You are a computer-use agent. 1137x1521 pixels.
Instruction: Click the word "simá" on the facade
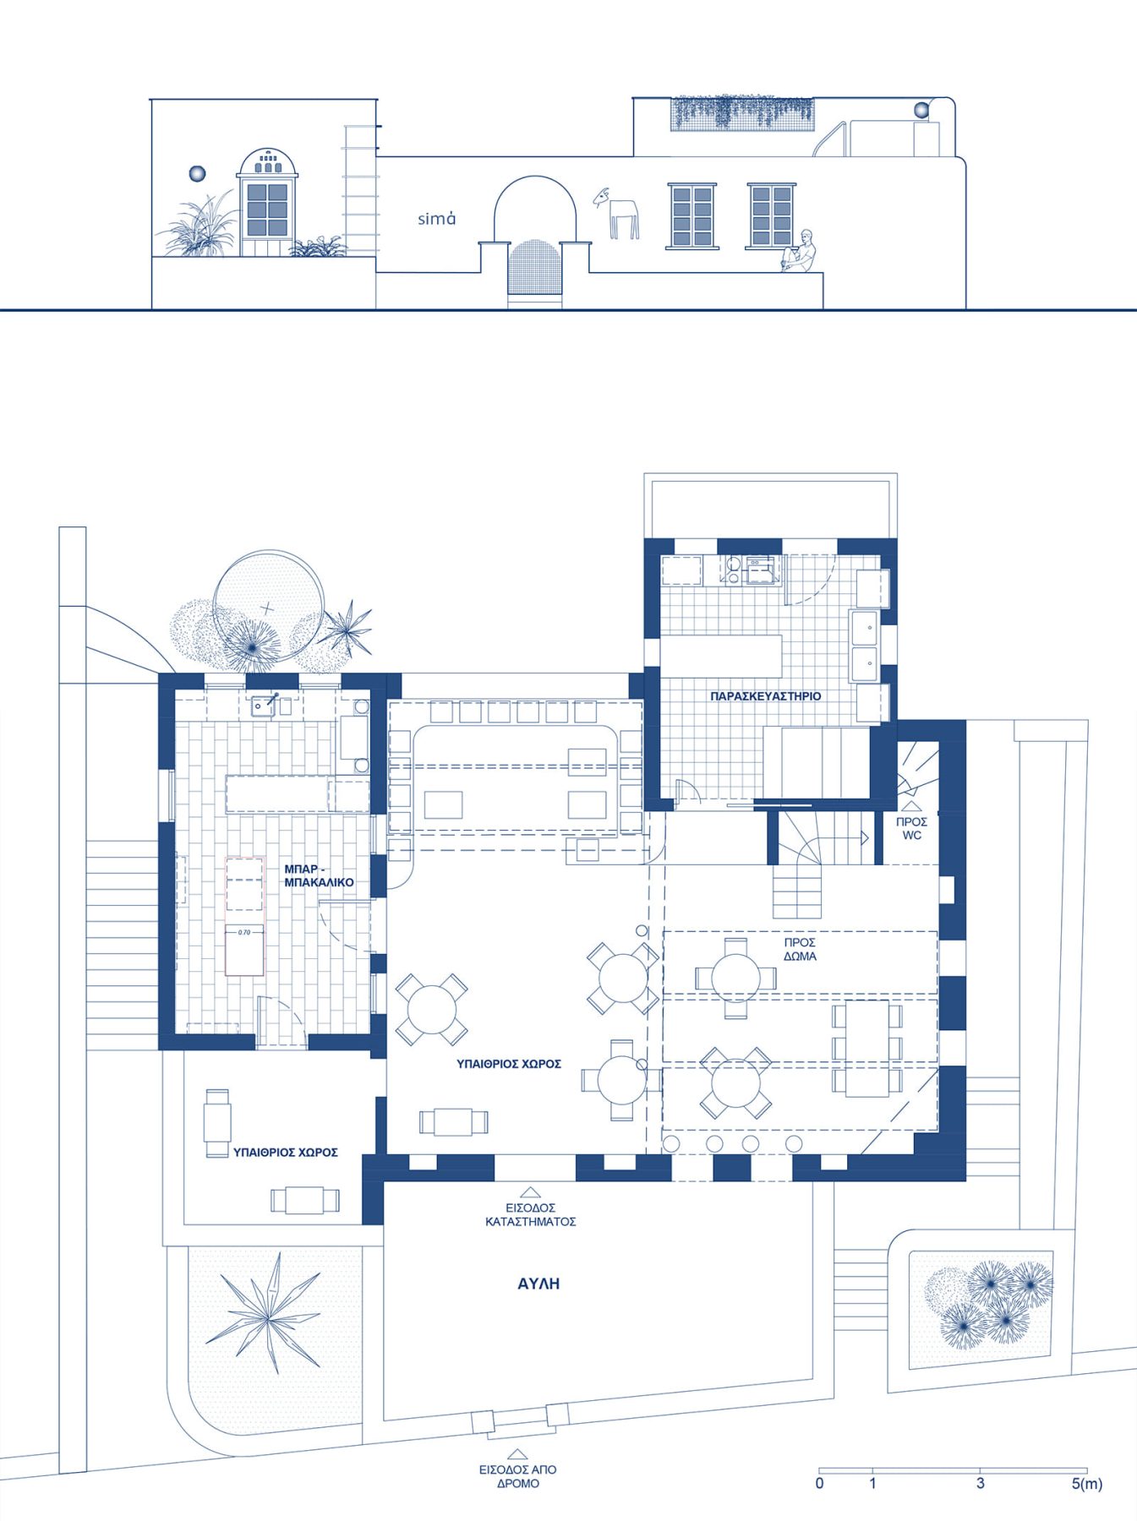[437, 219]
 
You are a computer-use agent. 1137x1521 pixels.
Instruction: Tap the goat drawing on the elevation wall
[617, 213]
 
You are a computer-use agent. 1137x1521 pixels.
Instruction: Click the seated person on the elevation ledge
[801, 251]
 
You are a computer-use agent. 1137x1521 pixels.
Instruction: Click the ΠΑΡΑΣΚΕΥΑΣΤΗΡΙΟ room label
[766, 696]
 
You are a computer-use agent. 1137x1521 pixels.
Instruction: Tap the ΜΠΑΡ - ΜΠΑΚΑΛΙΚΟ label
[319, 875]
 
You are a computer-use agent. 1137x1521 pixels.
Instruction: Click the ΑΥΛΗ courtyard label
[538, 1284]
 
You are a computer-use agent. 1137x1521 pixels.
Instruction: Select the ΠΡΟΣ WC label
[911, 828]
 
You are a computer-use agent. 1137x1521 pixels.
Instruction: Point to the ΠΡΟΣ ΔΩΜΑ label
[800, 949]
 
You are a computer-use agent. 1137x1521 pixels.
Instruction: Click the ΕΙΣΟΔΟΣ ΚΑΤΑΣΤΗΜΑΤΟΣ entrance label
[530, 1214]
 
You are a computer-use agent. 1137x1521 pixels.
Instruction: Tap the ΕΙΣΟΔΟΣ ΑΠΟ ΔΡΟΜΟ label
[517, 1476]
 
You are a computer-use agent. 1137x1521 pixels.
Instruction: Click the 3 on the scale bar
[980, 1483]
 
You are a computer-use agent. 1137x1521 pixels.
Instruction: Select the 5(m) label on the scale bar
[1086, 1484]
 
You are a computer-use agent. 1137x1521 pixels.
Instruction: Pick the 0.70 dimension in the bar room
[244, 932]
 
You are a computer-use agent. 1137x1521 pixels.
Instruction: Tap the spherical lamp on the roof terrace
[921, 109]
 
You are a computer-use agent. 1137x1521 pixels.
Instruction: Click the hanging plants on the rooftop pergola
[743, 114]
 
